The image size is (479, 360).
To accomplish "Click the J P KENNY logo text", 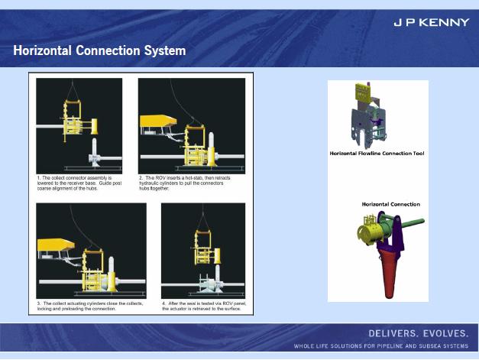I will (431, 22).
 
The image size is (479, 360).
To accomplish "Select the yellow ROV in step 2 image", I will (158, 120).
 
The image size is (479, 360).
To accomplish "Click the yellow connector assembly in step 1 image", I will (73, 122).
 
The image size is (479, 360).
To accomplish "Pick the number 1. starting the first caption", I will (39, 178).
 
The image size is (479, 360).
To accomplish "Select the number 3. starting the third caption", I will (39, 303).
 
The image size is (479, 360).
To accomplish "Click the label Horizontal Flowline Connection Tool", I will (377, 154).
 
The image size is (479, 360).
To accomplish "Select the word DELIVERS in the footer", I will (393, 335).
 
